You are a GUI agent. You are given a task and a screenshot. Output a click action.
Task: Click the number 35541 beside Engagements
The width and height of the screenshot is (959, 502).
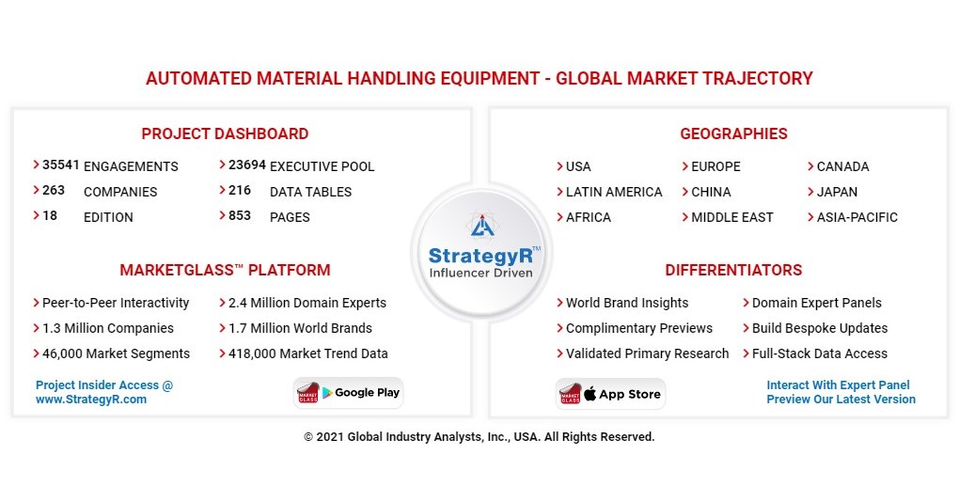[x=60, y=165]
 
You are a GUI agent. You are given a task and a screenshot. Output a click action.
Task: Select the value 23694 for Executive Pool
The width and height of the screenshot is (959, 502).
[x=246, y=165]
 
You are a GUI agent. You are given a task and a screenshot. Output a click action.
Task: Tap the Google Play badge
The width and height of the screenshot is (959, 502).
[x=349, y=393]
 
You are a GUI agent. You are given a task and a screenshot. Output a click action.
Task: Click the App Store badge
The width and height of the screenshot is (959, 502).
[x=610, y=394]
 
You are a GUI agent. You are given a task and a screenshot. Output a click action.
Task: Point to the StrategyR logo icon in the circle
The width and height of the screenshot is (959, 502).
[x=480, y=227]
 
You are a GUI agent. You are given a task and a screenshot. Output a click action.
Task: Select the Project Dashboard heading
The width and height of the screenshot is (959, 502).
[x=225, y=133]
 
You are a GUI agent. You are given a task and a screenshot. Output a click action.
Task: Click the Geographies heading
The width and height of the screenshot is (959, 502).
[x=733, y=133]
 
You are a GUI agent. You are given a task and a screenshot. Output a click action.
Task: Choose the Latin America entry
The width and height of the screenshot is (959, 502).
[x=613, y=192]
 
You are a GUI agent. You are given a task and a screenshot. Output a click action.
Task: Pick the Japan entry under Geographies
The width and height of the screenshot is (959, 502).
[x=837, y=192]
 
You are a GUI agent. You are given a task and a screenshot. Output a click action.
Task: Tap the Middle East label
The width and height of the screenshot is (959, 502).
[x=731, y=217]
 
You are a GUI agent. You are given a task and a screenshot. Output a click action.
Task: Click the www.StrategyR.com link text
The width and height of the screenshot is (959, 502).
[x=91, y=400]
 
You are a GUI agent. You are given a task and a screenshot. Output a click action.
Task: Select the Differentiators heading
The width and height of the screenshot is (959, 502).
[x=733, y=271]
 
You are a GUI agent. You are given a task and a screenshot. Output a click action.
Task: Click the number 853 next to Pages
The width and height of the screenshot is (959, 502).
[x=240, y=215]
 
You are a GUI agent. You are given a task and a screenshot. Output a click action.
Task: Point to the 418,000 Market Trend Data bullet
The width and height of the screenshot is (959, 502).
[x=307, y=354]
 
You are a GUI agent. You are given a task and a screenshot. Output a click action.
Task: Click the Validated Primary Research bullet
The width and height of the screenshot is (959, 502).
[x=647, y=354]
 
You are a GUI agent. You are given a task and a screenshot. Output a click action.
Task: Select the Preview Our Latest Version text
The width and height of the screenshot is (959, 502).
[x=841, y=400]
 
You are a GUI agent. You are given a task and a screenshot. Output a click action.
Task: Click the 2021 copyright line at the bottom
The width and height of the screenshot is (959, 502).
[x=479, y=437]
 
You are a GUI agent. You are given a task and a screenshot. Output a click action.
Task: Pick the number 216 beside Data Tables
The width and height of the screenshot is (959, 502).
[x=240, y=190]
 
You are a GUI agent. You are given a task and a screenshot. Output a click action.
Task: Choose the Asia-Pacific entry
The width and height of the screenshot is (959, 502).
[x=857, y=217]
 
